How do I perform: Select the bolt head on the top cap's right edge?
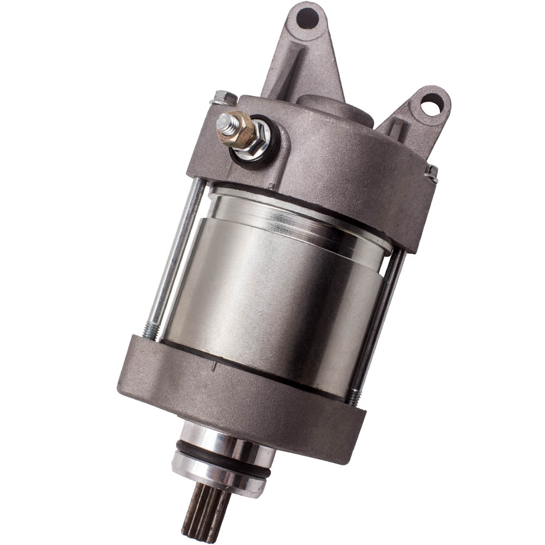431,173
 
